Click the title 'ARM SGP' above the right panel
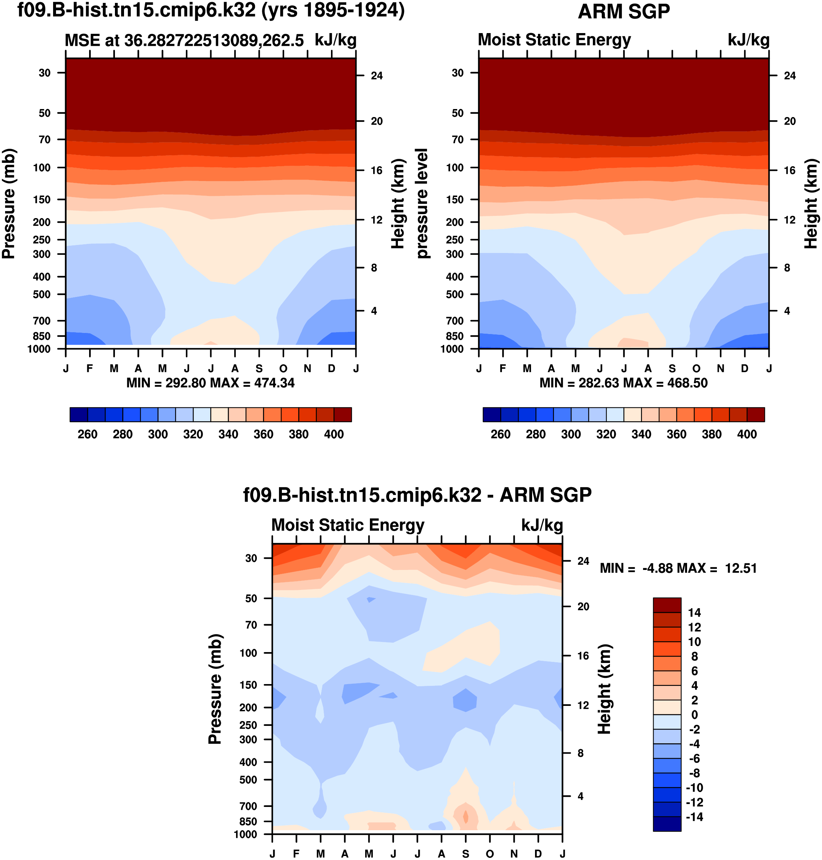point(623,12)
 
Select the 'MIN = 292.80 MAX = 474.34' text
point(210,383)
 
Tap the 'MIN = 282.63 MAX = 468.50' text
point(623,383)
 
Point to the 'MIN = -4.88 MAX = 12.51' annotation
point(678,568)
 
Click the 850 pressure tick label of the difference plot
point(248,821)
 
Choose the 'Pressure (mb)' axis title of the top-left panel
point(9,204)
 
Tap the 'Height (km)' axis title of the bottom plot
point(604,690)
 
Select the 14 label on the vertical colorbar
point(694,612)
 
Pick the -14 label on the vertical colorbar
point(694,817)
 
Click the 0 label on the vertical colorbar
point(694,715)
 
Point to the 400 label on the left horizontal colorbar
point(334,434)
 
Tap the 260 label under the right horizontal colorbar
point(500,434)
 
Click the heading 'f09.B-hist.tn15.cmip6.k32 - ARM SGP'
point(417,495)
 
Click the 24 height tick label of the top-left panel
point(376,76)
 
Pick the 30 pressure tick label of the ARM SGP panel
point(458,73)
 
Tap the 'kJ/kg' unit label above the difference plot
point(542,526)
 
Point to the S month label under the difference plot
point(465,854)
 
